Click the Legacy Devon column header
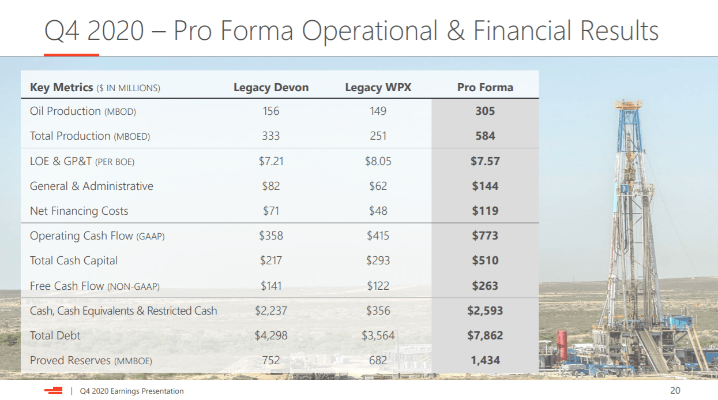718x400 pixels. point(271,88)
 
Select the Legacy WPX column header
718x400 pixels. point(378,88)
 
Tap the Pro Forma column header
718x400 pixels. point(485,88)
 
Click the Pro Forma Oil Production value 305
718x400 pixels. point(485,111)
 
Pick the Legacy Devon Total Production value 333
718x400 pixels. point(270,136)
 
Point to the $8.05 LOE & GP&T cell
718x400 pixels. point(378,161)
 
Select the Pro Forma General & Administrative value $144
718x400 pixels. point(485,186)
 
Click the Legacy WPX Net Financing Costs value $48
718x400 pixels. point(378,211)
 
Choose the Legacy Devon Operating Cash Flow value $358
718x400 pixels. point(271,235)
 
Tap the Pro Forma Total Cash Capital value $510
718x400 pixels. point(485,260)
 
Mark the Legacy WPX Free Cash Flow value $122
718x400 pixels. point(378,286)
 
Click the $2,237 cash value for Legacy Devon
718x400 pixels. point(271,311)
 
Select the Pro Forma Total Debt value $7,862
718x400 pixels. point(485,335)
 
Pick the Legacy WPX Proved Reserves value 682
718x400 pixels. point(378,360)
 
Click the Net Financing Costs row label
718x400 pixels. point(79,211)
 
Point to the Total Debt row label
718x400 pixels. point(55,335)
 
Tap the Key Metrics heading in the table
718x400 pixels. point(61,88)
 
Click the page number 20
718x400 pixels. point(675,391)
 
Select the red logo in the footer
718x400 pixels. point(54,391)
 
